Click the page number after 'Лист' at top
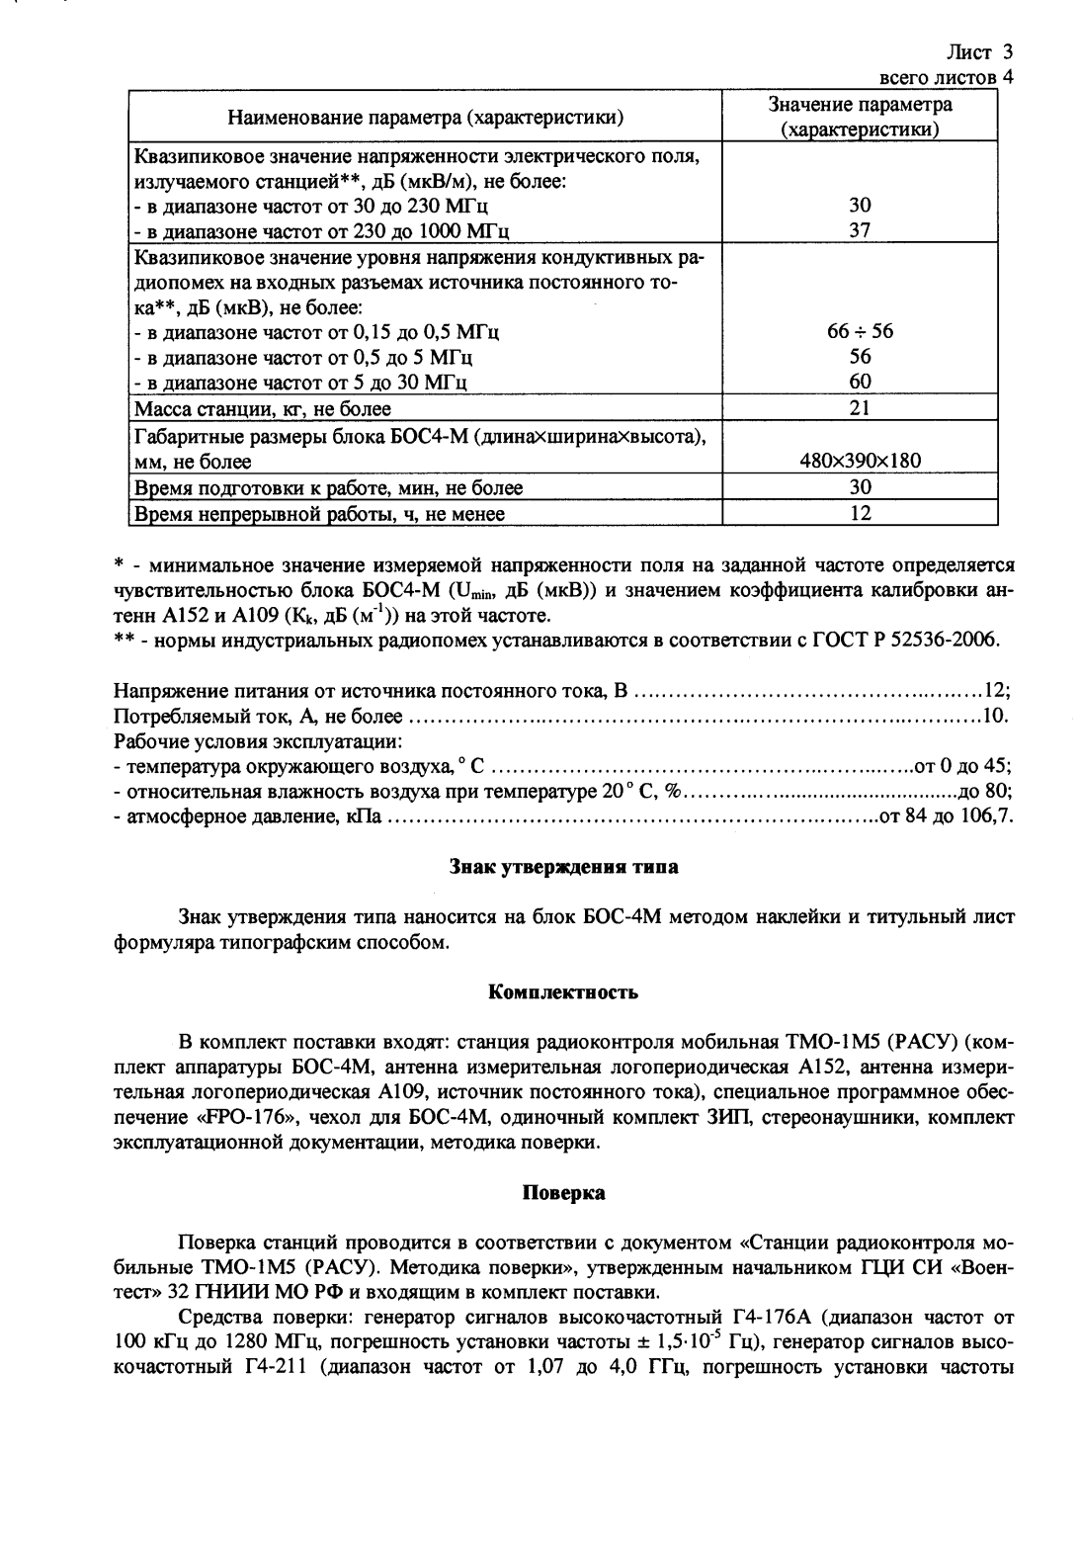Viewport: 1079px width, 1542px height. [x=1008, y=51]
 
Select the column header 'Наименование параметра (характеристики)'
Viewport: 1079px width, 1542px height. [x=426, y=119]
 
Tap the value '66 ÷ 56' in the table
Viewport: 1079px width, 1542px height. [x=860, y=331]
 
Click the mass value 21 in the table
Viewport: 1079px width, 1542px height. [x=860, y=408]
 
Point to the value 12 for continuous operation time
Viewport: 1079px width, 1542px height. [x=860, y=513]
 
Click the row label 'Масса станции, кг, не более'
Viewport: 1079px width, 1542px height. [x=263, y=408]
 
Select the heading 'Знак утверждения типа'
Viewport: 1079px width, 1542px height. [x=563, y=868]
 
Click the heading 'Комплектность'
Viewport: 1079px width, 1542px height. [x=563, y=991]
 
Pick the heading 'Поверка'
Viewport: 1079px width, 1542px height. [x=563, y=1193]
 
